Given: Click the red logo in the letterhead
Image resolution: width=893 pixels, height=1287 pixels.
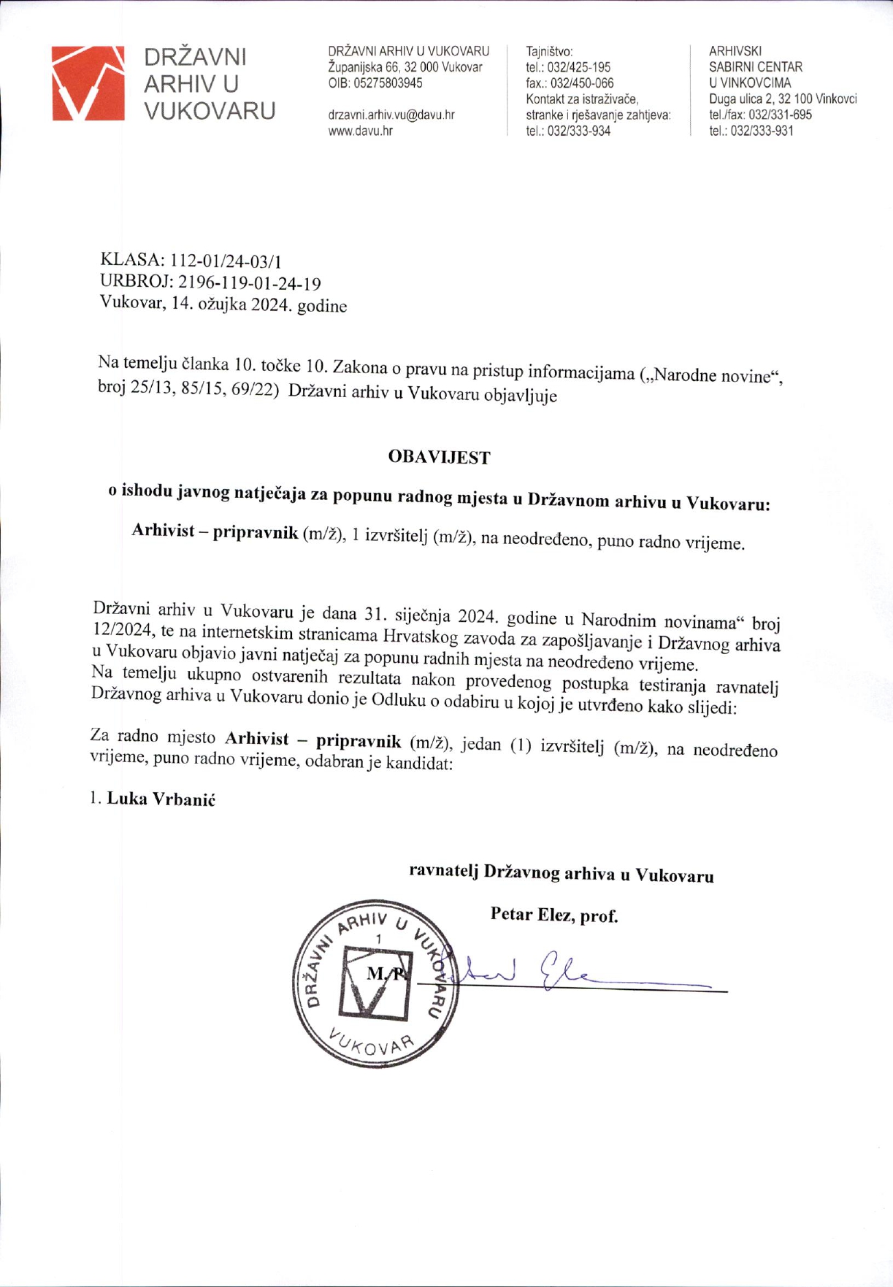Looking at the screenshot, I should [x=88, y=82].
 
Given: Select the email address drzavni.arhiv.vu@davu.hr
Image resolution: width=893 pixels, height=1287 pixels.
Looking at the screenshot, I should [x=391, y=115].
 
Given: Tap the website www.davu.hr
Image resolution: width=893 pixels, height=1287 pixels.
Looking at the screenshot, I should [x=361, y=131].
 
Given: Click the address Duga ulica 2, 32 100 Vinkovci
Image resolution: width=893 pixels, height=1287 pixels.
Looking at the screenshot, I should [x=783, y=99].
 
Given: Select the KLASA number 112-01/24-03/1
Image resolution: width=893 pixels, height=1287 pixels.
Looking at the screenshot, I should [x=226, y=261].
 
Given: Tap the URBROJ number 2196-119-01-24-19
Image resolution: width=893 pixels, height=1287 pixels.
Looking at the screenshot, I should [x=249, y=283].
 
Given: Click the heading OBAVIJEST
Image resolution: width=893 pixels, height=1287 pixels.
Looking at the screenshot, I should [x=439, y=458].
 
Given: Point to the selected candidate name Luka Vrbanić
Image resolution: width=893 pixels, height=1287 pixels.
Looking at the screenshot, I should [x=161, y=799].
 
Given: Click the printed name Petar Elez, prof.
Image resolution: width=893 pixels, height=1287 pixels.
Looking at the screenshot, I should [x=554, y=915].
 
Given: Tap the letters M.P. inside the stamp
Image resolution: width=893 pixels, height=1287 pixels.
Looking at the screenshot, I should [x=384, y=974].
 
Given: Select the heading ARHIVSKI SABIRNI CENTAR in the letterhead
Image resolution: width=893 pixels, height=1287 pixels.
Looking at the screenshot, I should [x=755, y=59].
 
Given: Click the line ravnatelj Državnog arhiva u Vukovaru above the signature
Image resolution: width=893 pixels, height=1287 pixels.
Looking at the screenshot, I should [x=561, y=873].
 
